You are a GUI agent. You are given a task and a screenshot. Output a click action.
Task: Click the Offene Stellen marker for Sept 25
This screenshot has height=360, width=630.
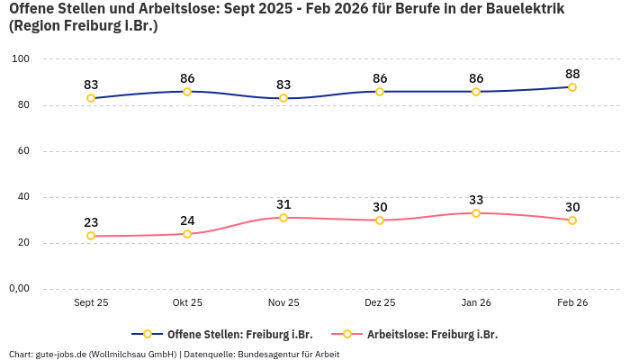(x=91, y=98)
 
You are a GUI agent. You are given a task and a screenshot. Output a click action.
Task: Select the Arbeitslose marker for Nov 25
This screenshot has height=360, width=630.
(x=283, y=218)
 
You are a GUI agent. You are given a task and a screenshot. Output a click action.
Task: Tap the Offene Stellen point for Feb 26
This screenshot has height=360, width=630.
(x=572, y=87)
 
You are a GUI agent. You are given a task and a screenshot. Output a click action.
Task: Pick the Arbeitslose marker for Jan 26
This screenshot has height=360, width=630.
(x=476, y=213)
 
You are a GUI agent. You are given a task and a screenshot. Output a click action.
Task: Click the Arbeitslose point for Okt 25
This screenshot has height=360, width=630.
(x=187, y=234)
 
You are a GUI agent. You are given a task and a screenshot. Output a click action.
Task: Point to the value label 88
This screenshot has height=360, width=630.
(x=572, y=74)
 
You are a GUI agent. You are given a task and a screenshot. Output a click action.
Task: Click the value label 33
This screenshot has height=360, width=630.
(x=476, y=200)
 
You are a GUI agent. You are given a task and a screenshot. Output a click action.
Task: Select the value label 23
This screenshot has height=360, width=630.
(x=91, y=222)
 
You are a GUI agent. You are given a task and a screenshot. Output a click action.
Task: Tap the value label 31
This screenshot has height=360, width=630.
(x=283, y=204)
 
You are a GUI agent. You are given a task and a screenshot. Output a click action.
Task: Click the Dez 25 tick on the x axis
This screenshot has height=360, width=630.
(x=380, y=303)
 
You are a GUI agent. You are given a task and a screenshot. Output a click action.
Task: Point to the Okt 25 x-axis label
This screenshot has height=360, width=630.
(x=187, y=303)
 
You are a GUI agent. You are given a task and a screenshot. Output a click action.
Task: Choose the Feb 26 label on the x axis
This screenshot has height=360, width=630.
(x=572, y=303)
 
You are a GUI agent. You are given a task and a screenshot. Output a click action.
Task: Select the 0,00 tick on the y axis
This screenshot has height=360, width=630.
(x=19, y=289)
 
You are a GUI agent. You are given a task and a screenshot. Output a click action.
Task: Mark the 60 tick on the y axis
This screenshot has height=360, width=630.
(x=24, y=151)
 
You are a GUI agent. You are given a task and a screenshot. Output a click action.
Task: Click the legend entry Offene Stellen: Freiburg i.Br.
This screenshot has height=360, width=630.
(x=234, y=334)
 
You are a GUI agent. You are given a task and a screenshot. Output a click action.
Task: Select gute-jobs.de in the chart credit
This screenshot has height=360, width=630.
(x=61, y=355)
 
